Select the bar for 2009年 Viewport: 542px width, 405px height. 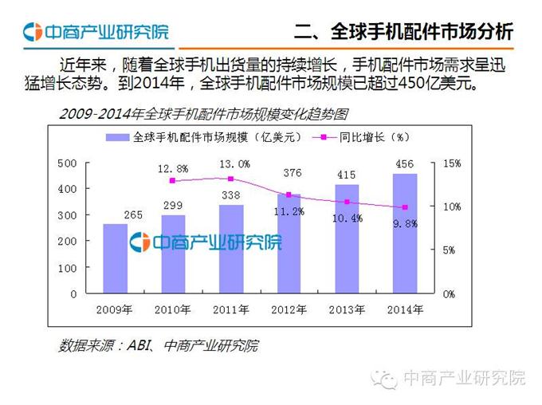[115, 258]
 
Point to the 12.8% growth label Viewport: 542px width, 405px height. [173, 169]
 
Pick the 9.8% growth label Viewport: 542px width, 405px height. [404, 223]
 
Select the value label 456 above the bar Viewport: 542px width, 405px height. [404, 165]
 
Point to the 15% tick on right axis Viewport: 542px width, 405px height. [452, 163]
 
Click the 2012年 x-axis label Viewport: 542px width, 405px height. [289, 309]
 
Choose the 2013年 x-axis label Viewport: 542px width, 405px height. [347, 309]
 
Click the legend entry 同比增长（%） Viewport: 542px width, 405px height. [367, 137]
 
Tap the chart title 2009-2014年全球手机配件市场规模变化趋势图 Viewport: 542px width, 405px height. [203, 114]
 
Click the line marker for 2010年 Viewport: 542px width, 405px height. [173, 181]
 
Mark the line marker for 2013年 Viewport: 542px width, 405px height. [347, 202]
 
